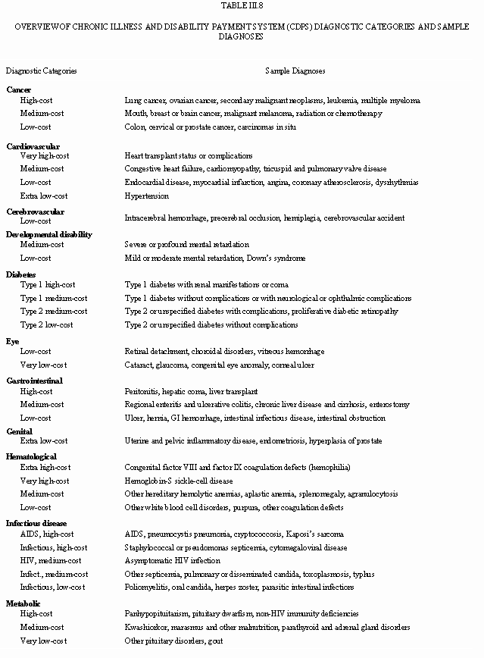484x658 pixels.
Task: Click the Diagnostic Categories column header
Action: coord(41,70)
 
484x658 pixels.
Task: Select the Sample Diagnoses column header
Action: coord(295,70)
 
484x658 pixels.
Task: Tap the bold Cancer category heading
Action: coord(19,89)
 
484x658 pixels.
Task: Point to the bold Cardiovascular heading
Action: coord(33,146)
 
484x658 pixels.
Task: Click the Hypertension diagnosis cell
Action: coord(146,196)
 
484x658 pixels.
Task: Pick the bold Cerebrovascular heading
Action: coord(36,211)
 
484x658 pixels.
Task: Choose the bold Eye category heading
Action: coord(12,342)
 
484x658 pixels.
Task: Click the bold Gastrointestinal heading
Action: coord(35,381)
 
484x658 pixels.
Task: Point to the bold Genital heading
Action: coord(20,431)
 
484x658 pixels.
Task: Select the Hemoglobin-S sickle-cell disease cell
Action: coord(179,481)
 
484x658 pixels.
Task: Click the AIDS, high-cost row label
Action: coord(47,534)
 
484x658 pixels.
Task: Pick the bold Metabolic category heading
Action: coord(23,603)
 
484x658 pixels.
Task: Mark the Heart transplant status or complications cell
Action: coord(178,155)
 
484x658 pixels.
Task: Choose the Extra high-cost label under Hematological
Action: coord(45,467)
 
